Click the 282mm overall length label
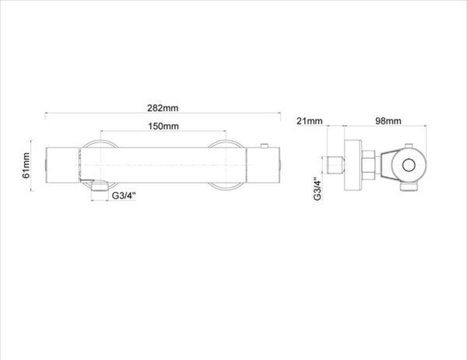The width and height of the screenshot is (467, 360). (x=163, y=108)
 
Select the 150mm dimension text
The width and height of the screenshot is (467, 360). (x=163, y=126)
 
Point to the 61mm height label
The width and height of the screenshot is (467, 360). (x=26, y=165)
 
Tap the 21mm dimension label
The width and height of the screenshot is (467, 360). (x=309, y=121)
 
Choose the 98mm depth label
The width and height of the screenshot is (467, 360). (x=388, y=121)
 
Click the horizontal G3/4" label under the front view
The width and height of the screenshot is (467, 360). (x=124, y=196)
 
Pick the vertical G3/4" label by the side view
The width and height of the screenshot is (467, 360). (x=318, y=189)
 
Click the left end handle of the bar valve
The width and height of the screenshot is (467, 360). (x=63, y=165)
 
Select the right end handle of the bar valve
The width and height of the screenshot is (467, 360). (x=263, y=165)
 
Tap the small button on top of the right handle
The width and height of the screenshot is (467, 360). (x=264, y=145)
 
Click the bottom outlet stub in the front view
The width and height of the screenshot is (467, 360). (x=99, y=186)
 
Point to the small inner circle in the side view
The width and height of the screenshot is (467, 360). (x=409, y=165)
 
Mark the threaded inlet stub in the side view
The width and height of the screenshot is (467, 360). (x=336, y=165)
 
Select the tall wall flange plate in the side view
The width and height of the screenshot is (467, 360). (x=353, y=165)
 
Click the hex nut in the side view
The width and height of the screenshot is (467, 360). (x=369, y=165)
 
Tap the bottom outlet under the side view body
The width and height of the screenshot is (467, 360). (x=409, y=187)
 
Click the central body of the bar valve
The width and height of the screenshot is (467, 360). (x=163, y=165)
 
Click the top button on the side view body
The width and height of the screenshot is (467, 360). (x=409, y=146)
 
